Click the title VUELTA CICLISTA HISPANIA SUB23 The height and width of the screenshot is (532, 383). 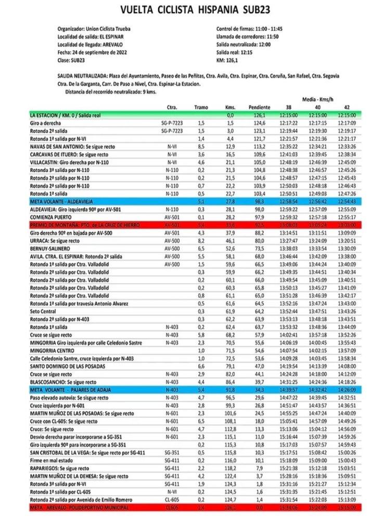point(195,10)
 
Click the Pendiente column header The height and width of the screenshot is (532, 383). point(260,108)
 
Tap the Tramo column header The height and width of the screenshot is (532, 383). point(201,108)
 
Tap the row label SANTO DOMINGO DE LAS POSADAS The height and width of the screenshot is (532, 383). point(68,366)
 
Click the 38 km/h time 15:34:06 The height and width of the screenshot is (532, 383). point(287,507)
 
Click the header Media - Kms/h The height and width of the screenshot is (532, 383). point(320,98)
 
